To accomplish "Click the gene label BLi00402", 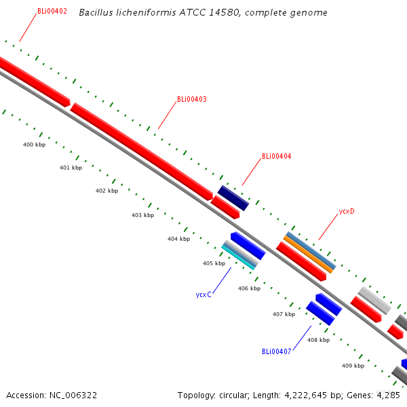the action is (52, 11).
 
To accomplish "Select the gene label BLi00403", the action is (192, 99).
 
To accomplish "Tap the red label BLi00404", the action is (277, 157).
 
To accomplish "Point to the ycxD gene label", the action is (347, 211).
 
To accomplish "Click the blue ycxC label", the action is (203, 294).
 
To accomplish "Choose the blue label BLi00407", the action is (276, 351).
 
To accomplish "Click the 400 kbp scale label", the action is (34, 145).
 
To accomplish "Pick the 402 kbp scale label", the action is (106, 191).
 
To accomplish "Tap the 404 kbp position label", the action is (178, 239).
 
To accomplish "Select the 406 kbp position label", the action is (249, 288).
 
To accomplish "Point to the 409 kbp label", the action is (353, 366).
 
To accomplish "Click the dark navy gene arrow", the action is (233, 197).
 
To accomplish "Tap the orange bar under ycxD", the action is (308, 254).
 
